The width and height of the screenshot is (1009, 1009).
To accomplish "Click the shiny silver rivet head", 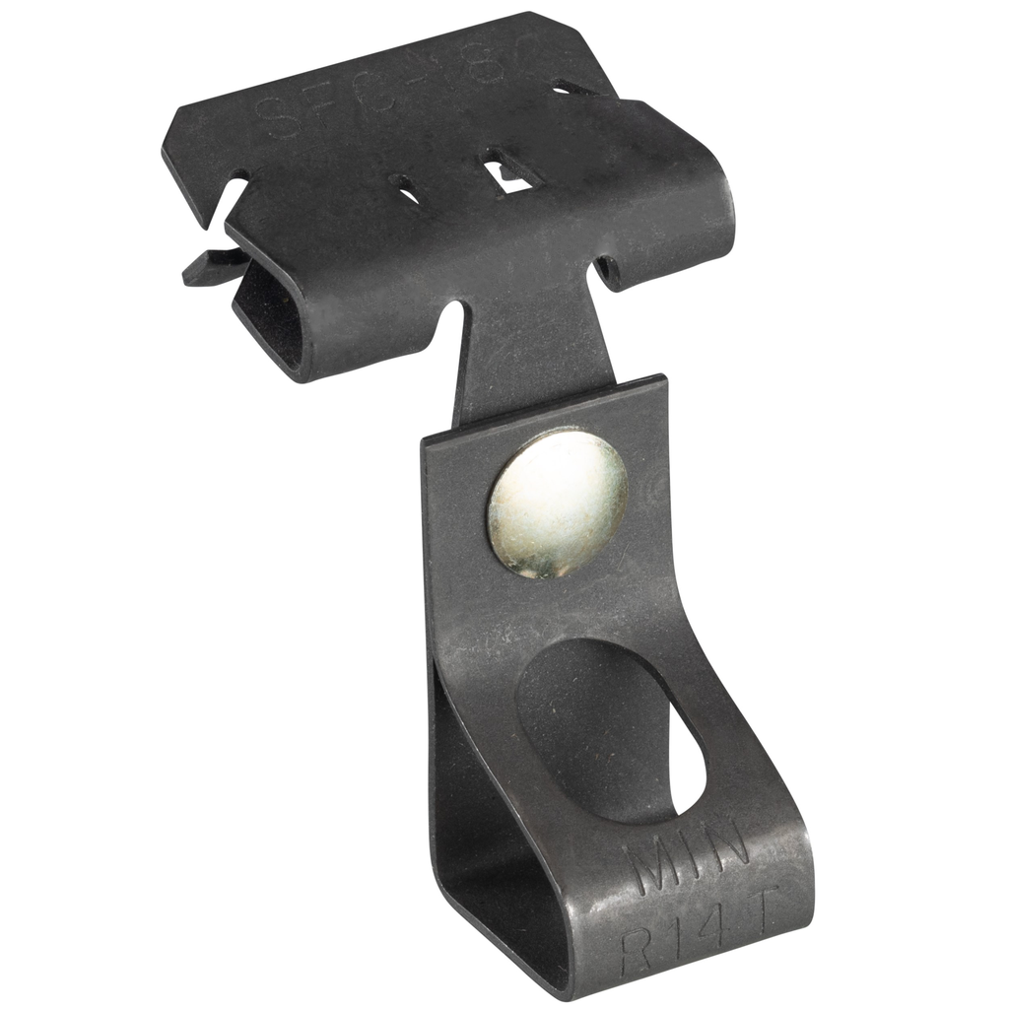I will coord(557,503).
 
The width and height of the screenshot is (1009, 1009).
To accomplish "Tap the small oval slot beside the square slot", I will coord(404,188).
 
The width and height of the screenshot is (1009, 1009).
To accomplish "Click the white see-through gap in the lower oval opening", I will coord(690,769).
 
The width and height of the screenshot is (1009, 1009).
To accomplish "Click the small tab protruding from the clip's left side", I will coord(207,267).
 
